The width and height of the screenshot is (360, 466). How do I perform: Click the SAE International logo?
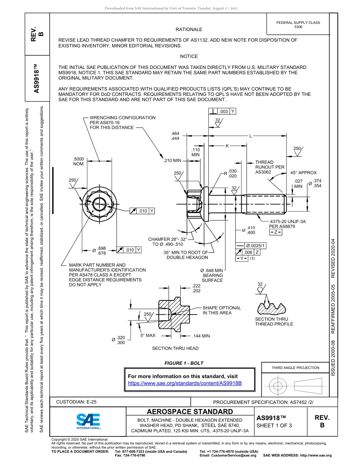click(x=88, y=421)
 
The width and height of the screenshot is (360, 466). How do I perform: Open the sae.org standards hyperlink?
click(x=185, y=383)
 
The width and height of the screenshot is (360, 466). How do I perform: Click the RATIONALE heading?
click(x=189, y=29)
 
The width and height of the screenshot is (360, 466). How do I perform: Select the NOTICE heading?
click(x=189, y=56)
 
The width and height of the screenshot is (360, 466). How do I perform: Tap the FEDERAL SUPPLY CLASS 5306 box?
click(x=298, y=25)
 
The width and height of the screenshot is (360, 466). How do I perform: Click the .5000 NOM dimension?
click(x=78, y=161)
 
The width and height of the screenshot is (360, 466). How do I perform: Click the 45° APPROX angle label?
click(x=303, y=173)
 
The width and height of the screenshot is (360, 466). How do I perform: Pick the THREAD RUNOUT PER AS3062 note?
click(x=269, y=167)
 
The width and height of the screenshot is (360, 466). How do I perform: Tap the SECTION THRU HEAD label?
click(x=175, y=348)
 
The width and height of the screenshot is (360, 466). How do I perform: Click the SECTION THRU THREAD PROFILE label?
click(x=274, y=322)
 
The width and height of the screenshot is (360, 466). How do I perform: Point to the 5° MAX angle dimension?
click(x=148, y=335)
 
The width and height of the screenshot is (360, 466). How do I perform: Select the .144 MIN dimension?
click(x=200, y=336)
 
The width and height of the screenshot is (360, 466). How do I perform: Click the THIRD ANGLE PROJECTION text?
click(x=295, y=367)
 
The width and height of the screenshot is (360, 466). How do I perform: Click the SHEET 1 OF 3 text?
click(x=274, y=425)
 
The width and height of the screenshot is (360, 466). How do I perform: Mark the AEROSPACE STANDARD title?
click(x=190, y=412)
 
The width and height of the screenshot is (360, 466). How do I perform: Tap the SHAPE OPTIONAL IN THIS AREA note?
click(x=221, y=310)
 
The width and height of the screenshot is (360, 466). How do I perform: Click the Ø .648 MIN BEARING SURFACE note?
click(x=211, y=275)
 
